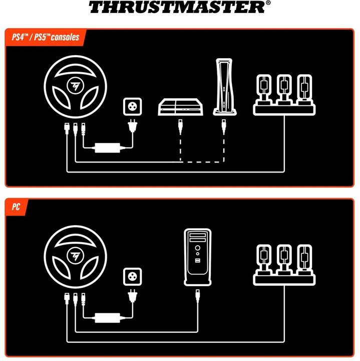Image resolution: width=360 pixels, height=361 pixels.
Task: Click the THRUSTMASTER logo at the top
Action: tap(176, 7)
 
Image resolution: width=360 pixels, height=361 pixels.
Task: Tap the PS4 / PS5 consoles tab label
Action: tap(44, 37)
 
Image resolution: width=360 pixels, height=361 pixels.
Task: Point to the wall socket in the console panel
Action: tap(133, 107)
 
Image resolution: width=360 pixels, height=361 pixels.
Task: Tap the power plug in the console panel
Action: tap(133, 126)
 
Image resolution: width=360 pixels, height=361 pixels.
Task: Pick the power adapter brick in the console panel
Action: tap(108, 148)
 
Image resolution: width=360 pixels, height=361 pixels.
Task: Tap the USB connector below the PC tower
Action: tap(199, 294)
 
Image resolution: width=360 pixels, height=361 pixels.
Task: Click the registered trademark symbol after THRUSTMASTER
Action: tap(268, 3)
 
